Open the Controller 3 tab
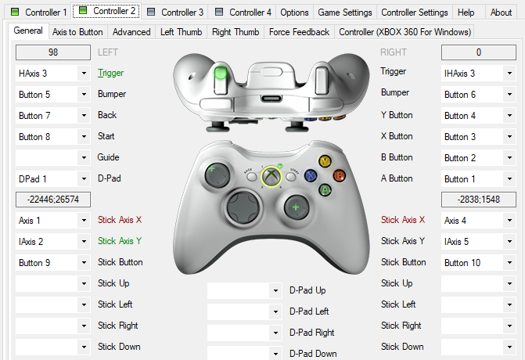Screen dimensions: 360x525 pyautogui.click(x=175, y=13)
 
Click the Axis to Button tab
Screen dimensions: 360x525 pyautogui.click(x=77, y=32)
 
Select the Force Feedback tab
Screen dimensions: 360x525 pyautogui.click(x=299, y=32)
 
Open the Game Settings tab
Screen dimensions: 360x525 pyautogui.click(x=345, y=13)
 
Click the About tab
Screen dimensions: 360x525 pyautogui.click(x=501, y=13)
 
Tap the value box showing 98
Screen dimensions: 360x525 pyautogui.click(x=52, y=52)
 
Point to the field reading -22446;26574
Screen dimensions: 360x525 pyautogui.click(x=52, y=200)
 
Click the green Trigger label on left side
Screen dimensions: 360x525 pyautogui.click(x=111, y=73)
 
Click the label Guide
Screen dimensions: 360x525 pyautogui.click(x=109, y=157)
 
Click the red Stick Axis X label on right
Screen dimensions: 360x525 pyautogui.click(x=403, y=220)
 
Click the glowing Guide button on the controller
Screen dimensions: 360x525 pyautogui.click(x=271, y=177)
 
